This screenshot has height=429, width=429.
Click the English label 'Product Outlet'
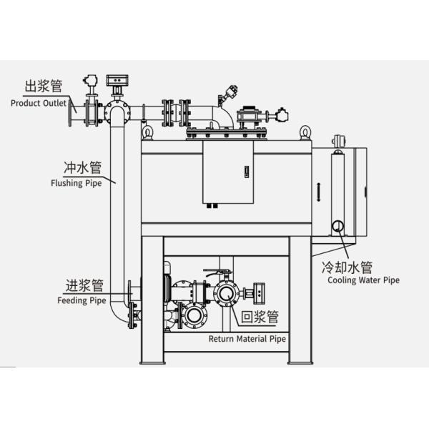[38, 102]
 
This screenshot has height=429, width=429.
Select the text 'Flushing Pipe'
[76, 182]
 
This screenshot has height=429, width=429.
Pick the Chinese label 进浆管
[84, 287]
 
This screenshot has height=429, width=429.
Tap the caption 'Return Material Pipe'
[247, 339]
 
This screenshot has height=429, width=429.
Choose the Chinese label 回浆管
[258, 317]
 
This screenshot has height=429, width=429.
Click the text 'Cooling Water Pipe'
[363, 280]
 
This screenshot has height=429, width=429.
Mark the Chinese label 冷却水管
[346, 267]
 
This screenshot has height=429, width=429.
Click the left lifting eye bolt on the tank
[147, 132]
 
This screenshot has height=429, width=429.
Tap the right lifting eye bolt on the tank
[304, 132]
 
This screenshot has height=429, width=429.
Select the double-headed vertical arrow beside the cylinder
[318, 192]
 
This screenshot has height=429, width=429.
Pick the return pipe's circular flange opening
[226, 292]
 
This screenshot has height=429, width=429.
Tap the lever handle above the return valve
[216, 272]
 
